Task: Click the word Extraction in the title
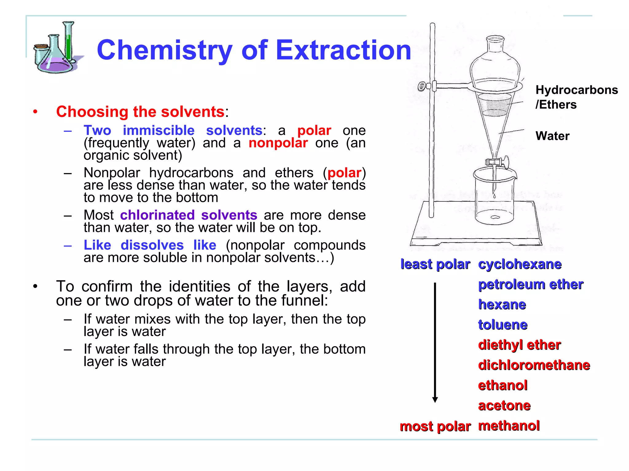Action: (343, 50)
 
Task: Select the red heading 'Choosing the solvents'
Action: (140, 112)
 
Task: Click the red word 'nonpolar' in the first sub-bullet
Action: (278, 143)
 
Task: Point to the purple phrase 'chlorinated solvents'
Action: (189, 215)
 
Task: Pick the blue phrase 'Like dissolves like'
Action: (150, 245)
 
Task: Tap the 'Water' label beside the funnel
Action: (552, 136)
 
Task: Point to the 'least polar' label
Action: (435, 264)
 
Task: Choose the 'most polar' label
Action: (435, 426)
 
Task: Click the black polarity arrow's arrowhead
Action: (435, 399)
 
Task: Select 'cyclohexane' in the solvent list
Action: (520, 264)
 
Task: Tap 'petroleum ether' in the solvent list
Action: (531, 285)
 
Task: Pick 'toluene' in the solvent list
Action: (503, 325)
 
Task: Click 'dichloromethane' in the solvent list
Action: (534, 365)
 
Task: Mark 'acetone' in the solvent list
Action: (504, 406)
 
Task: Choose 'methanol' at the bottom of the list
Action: (509, 426)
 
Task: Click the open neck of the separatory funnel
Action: (495, 39)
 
